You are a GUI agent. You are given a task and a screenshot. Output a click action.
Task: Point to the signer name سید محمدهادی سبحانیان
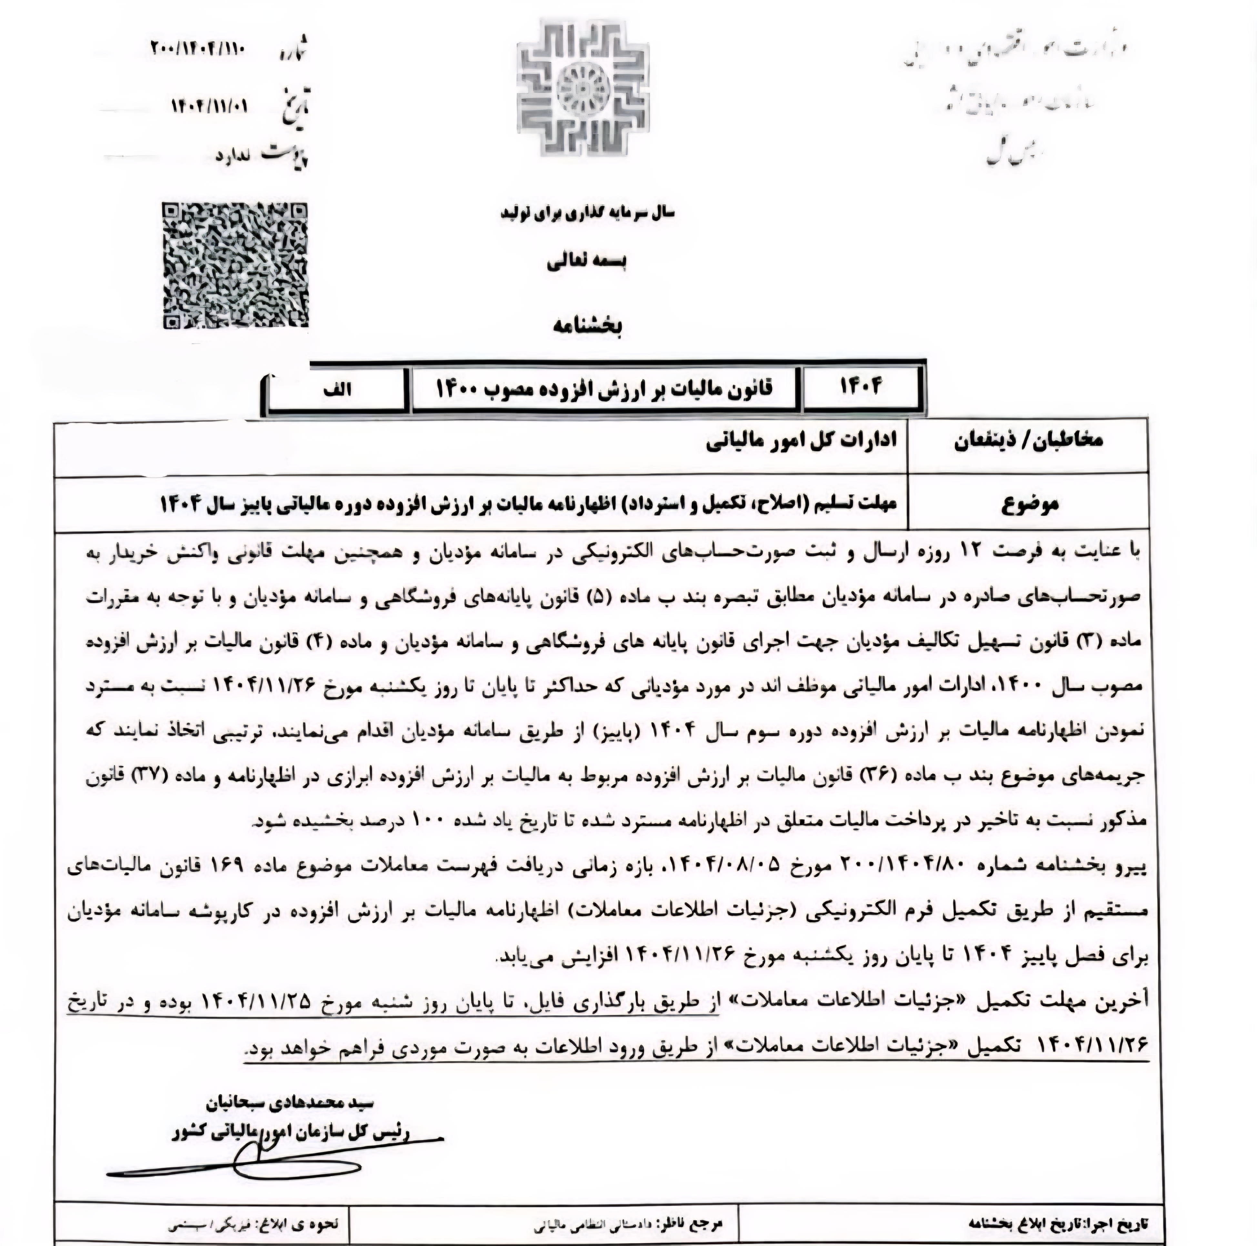pyautogui.click(x=289, y=1103)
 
